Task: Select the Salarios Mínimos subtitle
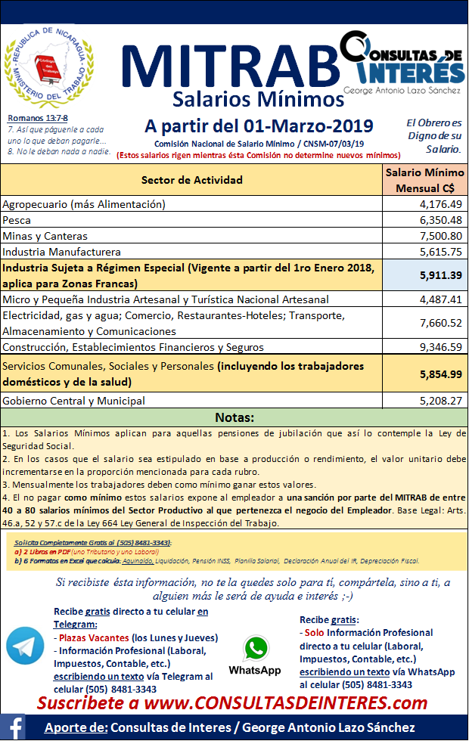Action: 258,99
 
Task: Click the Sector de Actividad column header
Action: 192,180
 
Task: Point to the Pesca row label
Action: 17,220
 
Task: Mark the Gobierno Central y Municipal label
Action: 74,401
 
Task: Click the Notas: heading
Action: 234,417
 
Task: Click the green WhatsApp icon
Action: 255,649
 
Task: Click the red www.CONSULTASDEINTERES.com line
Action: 233,703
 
